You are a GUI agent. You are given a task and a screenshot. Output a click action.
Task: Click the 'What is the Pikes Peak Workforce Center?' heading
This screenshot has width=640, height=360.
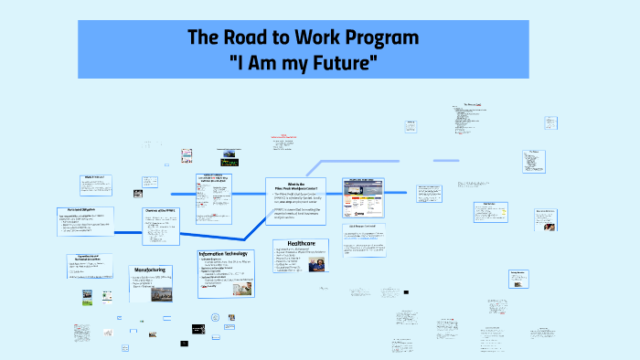point(295,187)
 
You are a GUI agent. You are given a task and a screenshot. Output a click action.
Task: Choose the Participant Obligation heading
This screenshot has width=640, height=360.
point(83,210)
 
